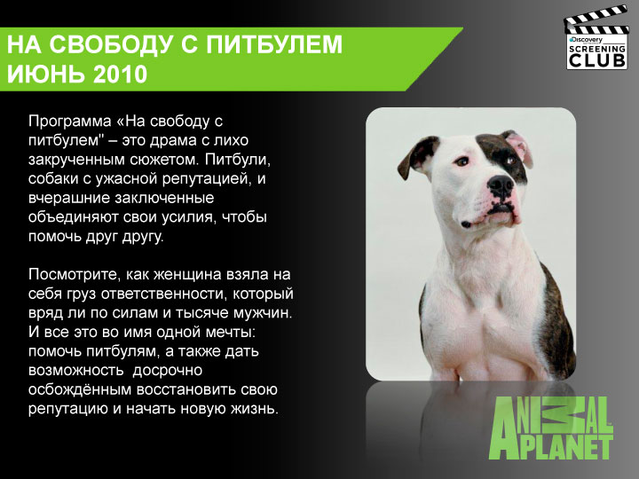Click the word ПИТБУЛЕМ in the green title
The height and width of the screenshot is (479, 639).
[274, 44]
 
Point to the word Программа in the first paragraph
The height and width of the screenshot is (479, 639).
[70, 122]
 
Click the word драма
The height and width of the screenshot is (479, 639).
[167, 140]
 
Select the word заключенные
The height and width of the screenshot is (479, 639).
[164, 198]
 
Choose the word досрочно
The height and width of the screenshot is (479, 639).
[167, 371]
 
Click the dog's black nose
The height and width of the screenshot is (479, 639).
[501, 185]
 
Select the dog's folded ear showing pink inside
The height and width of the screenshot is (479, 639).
[518, 147]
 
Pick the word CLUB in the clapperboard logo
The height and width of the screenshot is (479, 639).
[596, 60]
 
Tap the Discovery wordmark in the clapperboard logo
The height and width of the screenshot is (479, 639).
[587, 40]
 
